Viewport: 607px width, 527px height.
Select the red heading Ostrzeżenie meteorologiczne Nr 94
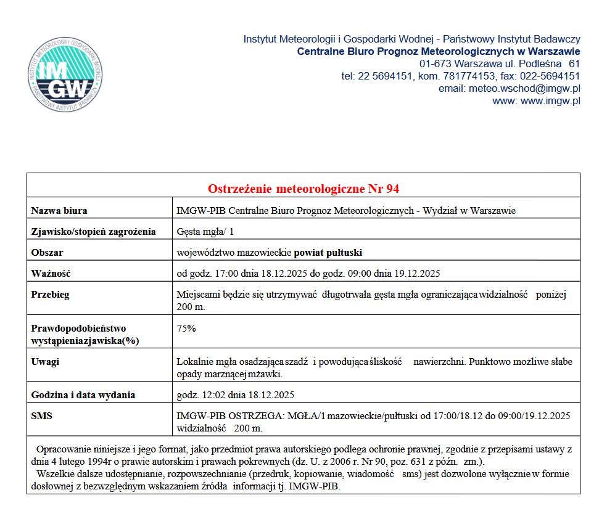[303, 188]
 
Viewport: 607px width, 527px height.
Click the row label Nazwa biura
[59, 211]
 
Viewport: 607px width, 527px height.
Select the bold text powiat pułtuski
[328, 253]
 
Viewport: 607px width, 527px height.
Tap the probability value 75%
[186, 329]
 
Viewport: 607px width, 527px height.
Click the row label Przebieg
[51, 295]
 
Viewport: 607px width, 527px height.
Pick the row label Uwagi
[45, 362]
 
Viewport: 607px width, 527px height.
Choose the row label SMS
[42, 416]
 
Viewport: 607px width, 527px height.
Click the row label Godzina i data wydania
[83, 395]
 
